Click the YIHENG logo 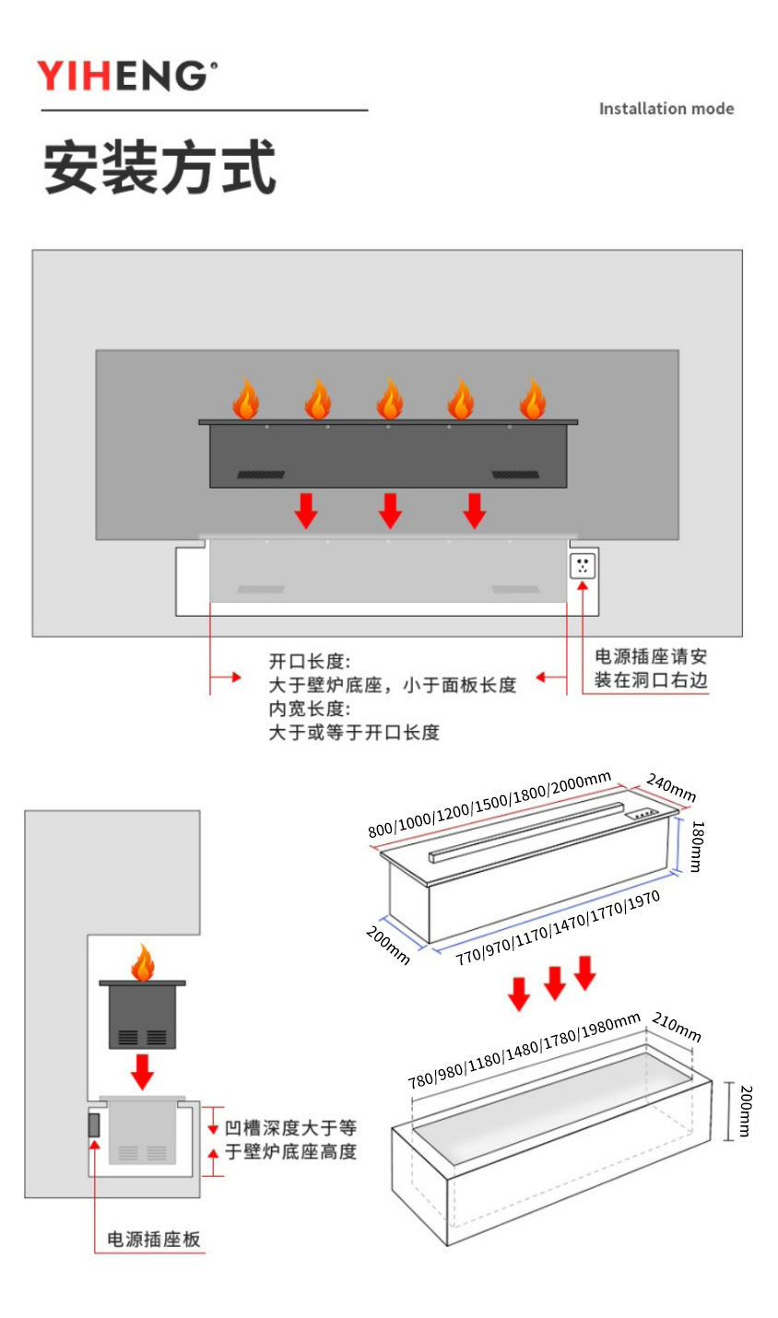(x=126, y=76)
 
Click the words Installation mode (x=666, y=109)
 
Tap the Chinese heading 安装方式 (x=159, y=168)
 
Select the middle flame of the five (x=389, y=399)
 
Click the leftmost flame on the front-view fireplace (x=245, y=399)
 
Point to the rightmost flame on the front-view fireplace (x=533, y=399)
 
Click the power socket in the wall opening (x=583, y=566)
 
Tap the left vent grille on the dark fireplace (x=261, y=475)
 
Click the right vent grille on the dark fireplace (x=514, y=475)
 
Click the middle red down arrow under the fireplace (x=390, y=511)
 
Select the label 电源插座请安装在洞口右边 (x=651, y=668)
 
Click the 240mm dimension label (x=671, y=788)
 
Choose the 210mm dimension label (x=677, y=1027)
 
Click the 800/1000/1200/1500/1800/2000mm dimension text (x=489, y=804)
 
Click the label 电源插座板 (x=154, y=1240)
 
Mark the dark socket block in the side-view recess (x=94, y=1124)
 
